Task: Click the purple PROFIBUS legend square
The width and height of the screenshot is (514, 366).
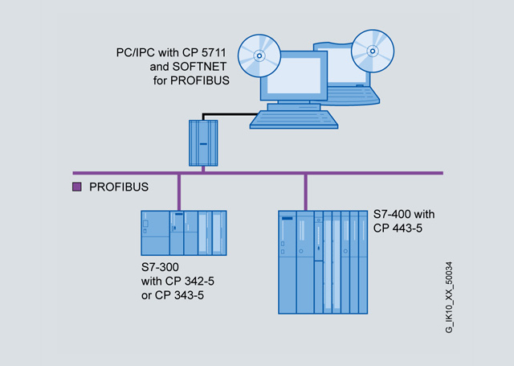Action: tap(78, 187)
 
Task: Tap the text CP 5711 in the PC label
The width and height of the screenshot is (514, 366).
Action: tap(205, 53)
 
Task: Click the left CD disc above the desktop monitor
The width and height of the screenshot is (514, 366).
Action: tap(257, 57)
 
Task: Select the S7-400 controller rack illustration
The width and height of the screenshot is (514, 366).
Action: tap(324, 262)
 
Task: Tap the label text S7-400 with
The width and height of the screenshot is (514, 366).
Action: tap(404, 215)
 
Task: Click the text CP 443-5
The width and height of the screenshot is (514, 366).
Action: tap(398, 228)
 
